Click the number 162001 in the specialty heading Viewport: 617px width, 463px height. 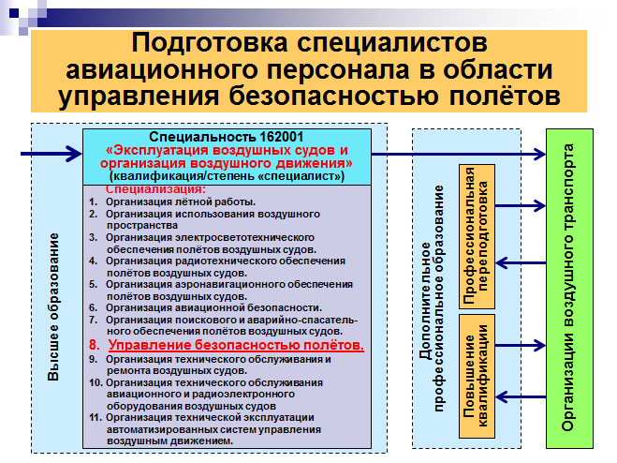(281, 137)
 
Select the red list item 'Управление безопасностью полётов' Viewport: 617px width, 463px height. (236, 345)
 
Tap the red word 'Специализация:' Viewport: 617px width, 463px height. (155, 189)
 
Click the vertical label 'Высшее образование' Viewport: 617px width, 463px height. (53, 307)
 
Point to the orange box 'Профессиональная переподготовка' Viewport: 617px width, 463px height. (477, 236)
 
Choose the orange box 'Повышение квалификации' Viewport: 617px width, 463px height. (477, 377)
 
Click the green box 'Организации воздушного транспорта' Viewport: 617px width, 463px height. (569, 289)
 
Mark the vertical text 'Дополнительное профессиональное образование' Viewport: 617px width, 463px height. (432, 298)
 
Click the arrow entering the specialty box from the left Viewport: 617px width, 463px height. (51, 154)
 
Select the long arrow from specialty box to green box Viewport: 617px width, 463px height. (459, 154)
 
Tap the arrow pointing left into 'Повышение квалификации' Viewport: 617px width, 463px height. (521, 396)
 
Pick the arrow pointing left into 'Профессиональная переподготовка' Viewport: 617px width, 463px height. (521, 262)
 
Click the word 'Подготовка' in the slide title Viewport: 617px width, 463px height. (210, 42)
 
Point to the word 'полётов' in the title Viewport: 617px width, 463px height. (505, 96)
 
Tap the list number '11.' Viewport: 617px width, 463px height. (95, 417)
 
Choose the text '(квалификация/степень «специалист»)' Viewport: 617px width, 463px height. (228, 176)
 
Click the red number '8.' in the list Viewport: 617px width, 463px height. (95, 345)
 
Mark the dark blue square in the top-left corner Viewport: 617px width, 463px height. (14, 13)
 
